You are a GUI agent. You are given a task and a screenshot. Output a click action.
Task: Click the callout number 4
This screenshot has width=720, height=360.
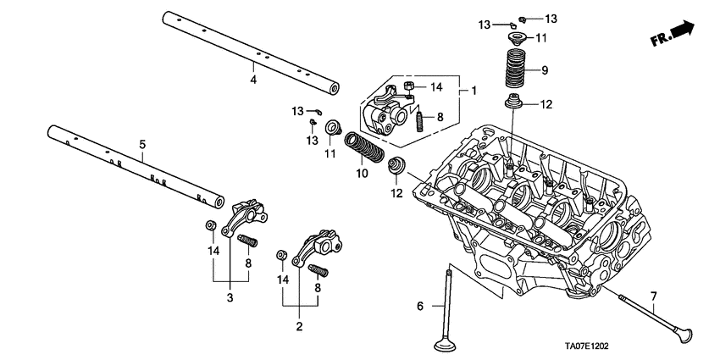253,80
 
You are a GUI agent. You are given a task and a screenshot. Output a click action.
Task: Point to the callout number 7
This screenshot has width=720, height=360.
653,296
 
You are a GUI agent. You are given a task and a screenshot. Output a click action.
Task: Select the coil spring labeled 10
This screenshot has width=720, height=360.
367,149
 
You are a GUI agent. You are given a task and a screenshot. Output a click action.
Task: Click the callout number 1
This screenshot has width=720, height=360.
474,90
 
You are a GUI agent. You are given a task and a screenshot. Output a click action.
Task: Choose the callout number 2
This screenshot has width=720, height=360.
298,325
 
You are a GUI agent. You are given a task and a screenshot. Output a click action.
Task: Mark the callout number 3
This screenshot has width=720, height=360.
229,297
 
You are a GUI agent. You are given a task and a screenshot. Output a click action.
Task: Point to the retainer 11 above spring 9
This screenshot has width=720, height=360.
515,38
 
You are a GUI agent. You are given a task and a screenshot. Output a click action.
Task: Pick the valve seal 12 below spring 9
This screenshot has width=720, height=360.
514,105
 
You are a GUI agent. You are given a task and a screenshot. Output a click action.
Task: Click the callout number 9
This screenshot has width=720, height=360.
546,70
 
